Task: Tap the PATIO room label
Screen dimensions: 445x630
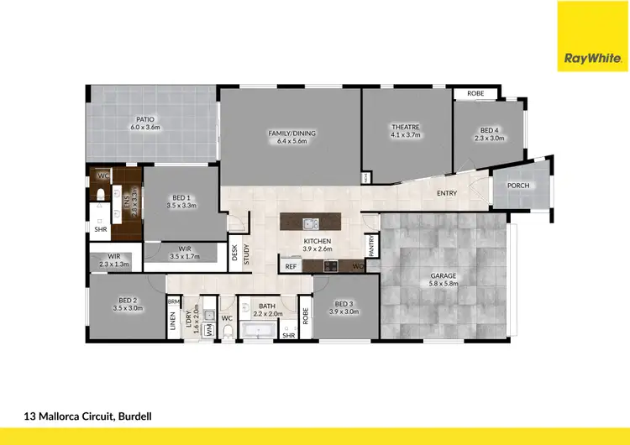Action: click(x=144, y=123)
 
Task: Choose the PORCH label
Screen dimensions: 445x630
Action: click(x=518, y=186)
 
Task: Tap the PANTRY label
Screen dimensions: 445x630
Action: click(x=371, y=244)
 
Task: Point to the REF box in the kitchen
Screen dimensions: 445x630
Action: click(x=291, y=266)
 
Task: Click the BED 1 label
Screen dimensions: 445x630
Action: click(x=181, y=201)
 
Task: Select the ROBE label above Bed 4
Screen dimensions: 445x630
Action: click(x=475, y=94)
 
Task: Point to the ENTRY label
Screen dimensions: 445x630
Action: click(x=447, y=194)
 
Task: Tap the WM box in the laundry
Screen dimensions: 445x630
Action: click(x=208, y=328)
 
